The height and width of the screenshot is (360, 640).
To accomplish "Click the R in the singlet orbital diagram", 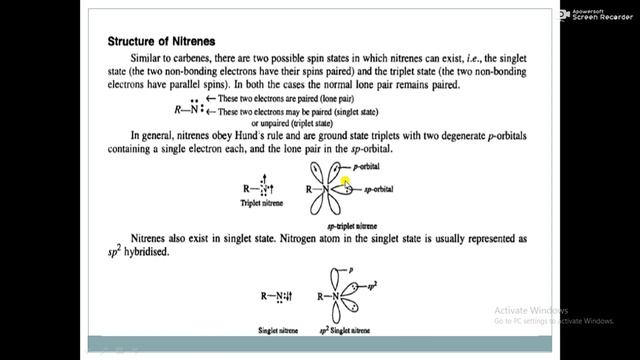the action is [x=319, y=297].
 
